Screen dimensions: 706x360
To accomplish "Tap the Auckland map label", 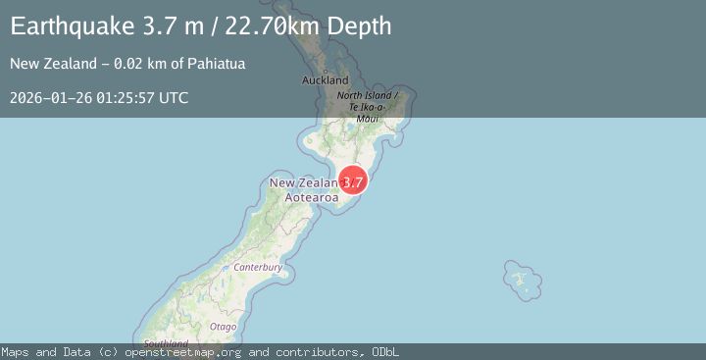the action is pos(325,79).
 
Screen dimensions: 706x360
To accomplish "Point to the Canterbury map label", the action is pos(257,267).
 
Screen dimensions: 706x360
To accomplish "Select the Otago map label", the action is pos(223,326).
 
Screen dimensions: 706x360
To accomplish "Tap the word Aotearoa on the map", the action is pos(312,197).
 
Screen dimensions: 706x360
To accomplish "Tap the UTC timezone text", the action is pos(174,98).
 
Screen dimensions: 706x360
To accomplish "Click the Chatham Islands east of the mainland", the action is pos(522,280).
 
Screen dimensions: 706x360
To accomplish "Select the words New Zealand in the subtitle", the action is pos(46,64).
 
